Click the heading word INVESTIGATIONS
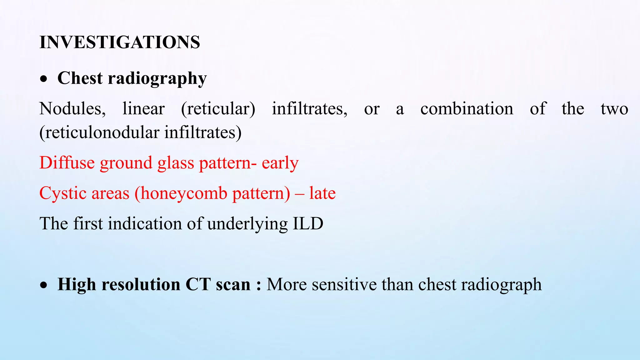pyautogui.click(x=120, y=42)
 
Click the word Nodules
pyautogui.click(x=72, y=109)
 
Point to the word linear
pyautogui.click(x=143, y=109)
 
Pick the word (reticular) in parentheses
pyautogui.click(x=218, y=109)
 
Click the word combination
pyautogui.click(x=467, y=109)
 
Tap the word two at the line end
pyautogui.click(x=614, y=109)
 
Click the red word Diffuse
pyautogui.click(x=67, y=163)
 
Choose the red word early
pyautogui.click(x=280, y=163)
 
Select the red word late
pyautogui.click(x=322, y=193)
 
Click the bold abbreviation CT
pyautogui.click(x=197, y=285)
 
